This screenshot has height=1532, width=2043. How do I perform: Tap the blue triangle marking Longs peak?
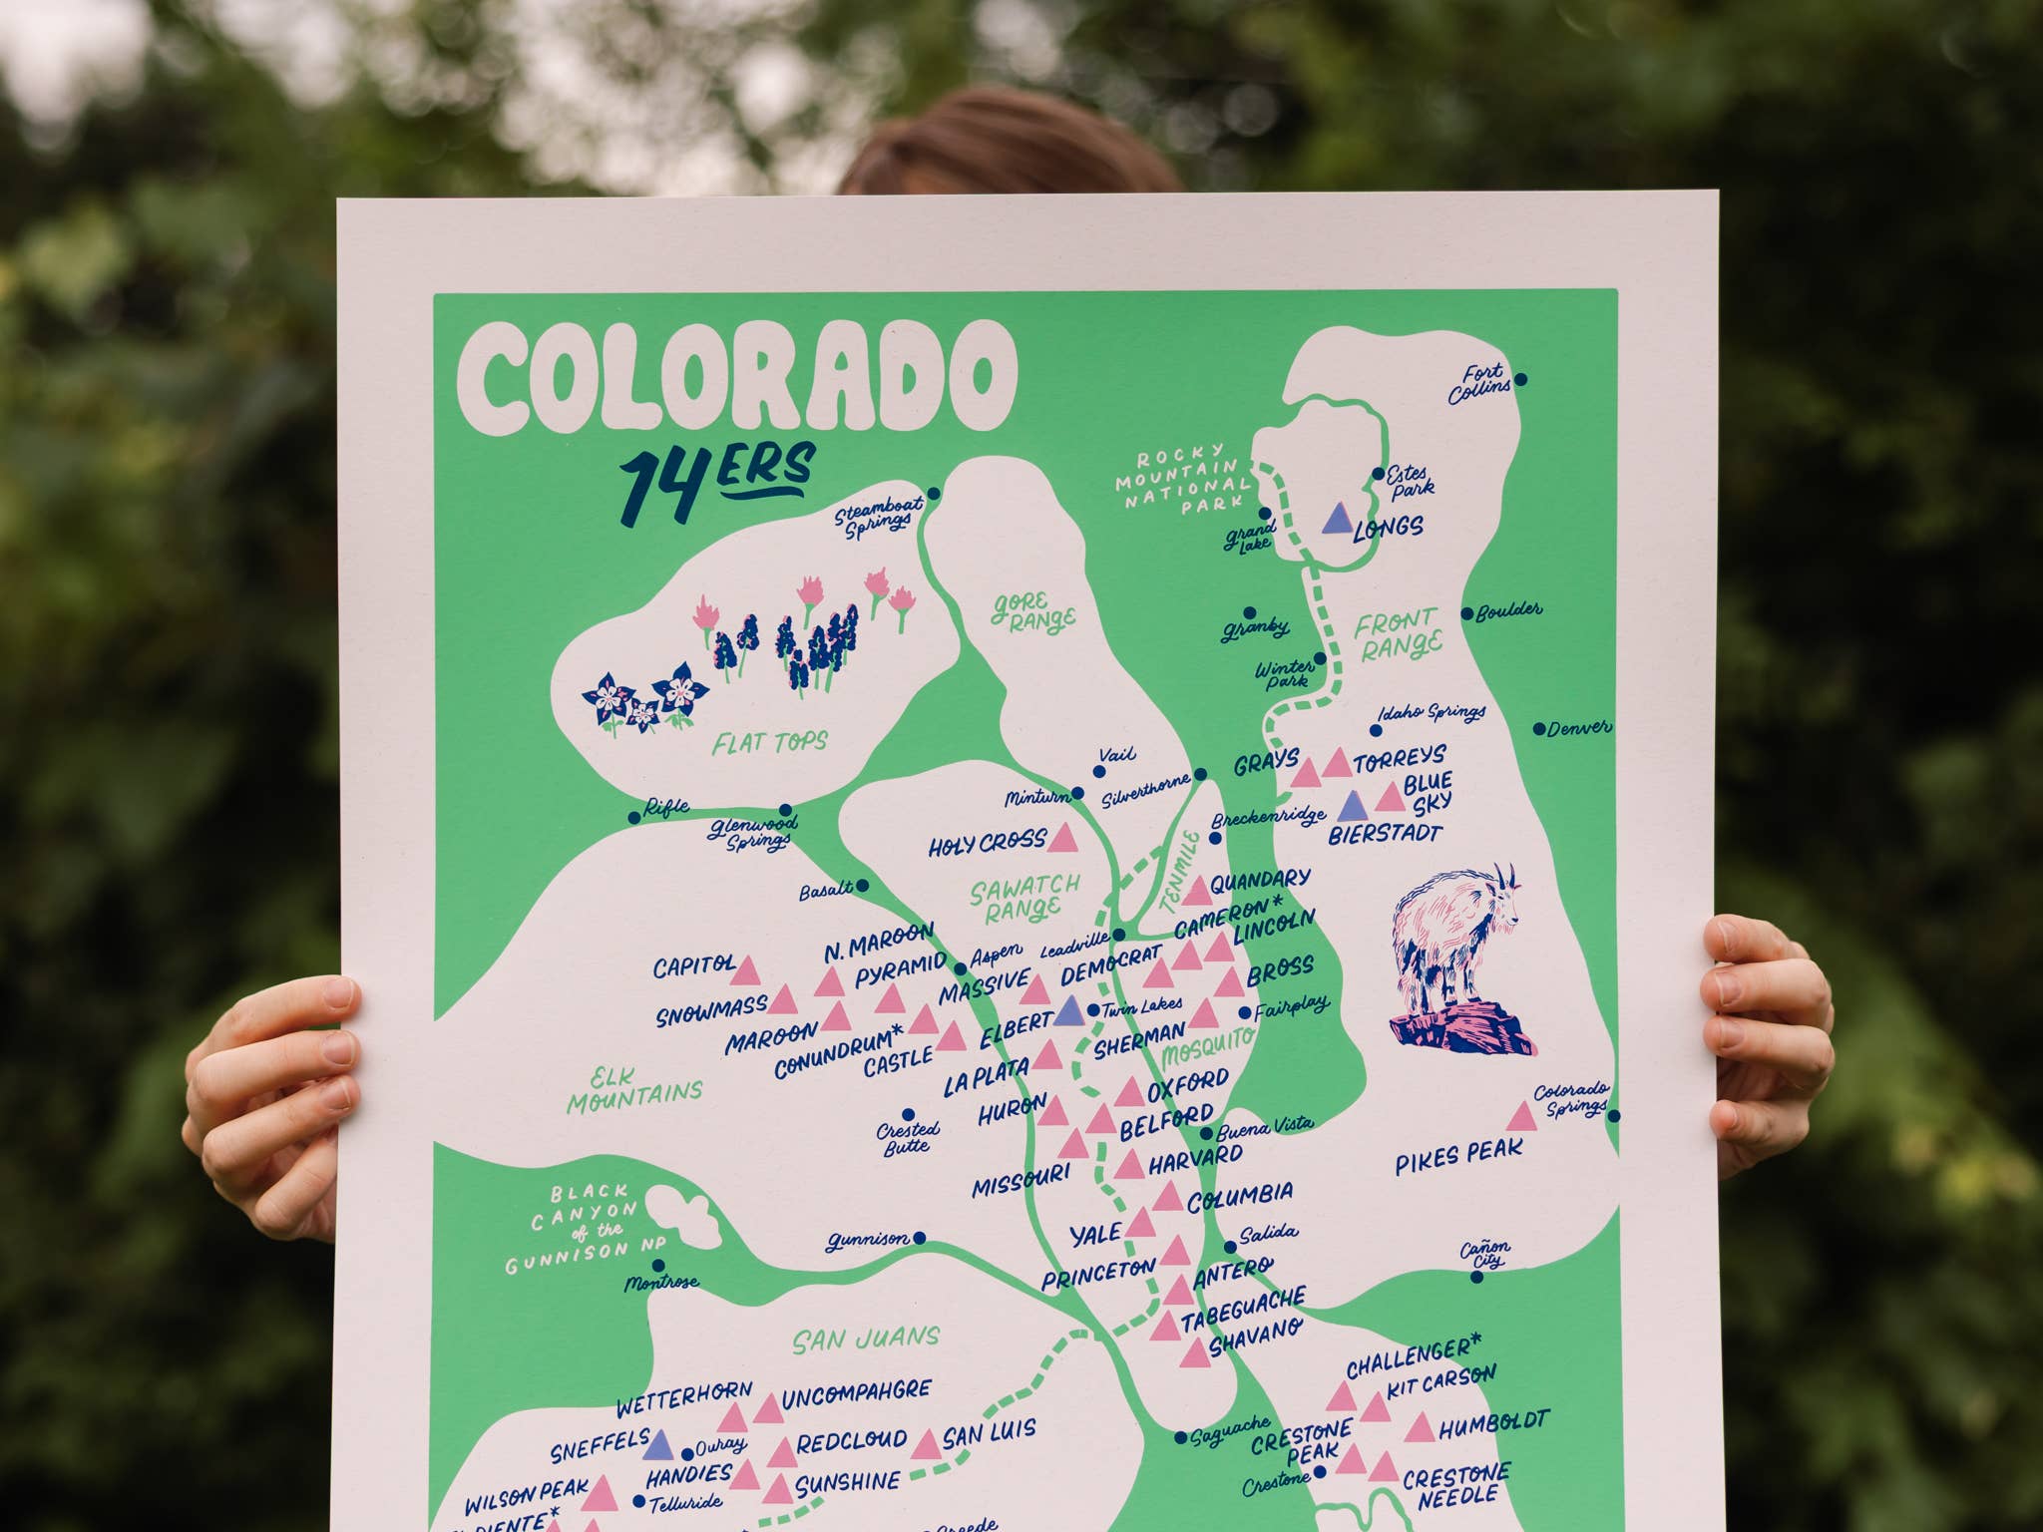1338,518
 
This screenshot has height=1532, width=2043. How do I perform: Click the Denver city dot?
1539,729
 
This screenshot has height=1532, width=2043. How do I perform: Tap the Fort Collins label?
1479,385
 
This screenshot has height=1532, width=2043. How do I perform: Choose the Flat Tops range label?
769,741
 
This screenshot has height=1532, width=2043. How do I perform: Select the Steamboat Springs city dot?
934,494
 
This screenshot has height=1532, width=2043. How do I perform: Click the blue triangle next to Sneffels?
659,1443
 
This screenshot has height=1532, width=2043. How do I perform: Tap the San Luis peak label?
989,1436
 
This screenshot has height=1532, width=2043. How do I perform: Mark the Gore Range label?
1032,613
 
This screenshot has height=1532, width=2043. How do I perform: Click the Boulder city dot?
1467,614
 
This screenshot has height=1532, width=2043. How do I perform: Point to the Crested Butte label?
907,1137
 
